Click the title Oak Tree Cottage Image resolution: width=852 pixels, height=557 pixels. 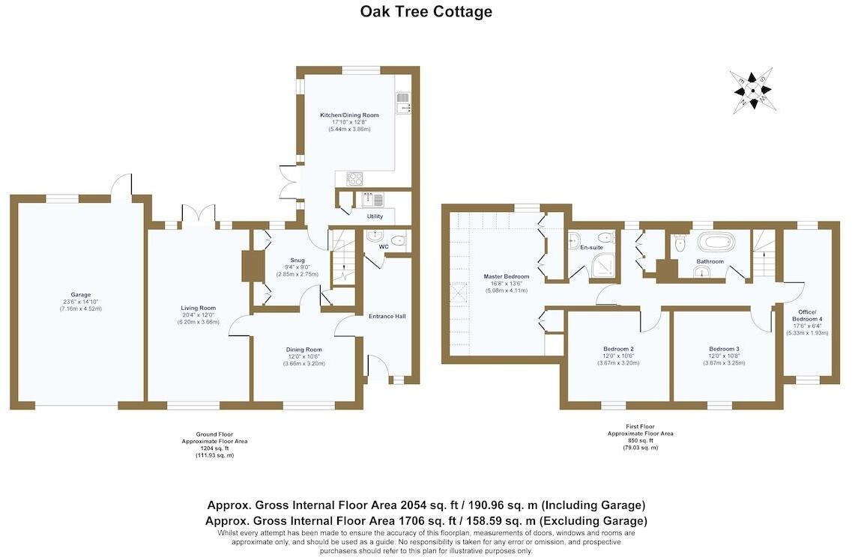[426, 11]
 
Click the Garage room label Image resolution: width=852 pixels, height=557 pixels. [80, 295]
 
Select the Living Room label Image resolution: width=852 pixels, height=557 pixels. [198, 308]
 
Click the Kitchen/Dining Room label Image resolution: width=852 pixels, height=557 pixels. [349, 115]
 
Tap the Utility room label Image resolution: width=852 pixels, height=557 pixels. [375, 216]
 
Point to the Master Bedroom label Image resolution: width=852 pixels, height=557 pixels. [507, 276]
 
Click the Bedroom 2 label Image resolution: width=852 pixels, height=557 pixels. [618, 349]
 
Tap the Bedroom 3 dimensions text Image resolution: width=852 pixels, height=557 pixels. [724, 363]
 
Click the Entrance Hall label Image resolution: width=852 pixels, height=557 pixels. [387, 316]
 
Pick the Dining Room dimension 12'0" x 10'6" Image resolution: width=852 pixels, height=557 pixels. [303, 356]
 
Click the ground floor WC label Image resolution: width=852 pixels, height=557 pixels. [384, 246]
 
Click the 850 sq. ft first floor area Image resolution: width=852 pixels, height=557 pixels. [640, 440]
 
